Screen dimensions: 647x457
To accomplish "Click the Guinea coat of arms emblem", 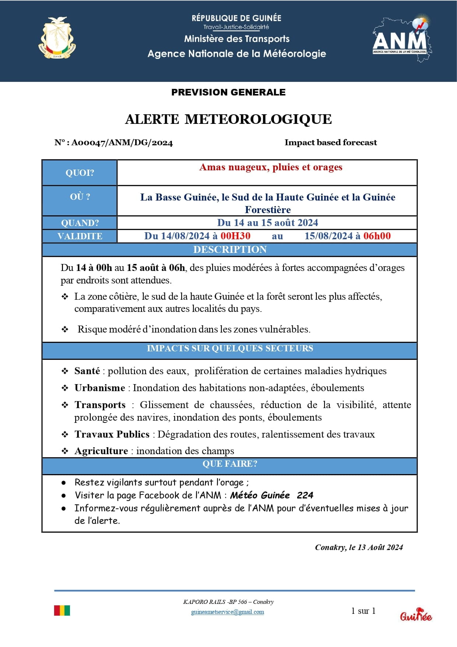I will click(x=57, y=38).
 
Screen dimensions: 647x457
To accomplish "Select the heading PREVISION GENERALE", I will click(x=228, y=92).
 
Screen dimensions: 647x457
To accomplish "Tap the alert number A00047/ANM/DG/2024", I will click(x=122, y=143).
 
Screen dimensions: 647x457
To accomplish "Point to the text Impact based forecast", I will click(x=330, y=142).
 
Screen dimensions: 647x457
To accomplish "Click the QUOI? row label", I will click(x=80, y=173).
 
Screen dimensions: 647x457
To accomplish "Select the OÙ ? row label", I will click(x=80, y=197).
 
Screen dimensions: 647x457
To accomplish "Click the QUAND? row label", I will click(x=80, y=223).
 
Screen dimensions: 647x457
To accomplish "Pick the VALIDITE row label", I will click(x=80, y=236).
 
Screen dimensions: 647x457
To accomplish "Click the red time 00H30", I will click(x=235, y=236).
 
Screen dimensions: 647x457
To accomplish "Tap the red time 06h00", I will click(x=377, y=236).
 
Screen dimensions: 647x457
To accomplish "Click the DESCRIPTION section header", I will click(x=230, y=250).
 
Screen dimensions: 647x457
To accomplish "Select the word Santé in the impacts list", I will click(x=87, y=371).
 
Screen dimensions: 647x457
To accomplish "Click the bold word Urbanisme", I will click(x=100, y=388).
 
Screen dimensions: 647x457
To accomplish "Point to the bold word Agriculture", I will click(x=101, y=451).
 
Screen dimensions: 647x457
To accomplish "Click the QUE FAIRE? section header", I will click(x=230, y=464).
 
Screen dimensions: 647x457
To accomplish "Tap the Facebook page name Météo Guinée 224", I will click(x=271, y=495).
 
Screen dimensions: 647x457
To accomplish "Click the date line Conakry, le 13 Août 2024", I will click(x=359, y=547).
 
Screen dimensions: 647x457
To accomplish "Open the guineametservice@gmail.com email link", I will click(x=227, y=612).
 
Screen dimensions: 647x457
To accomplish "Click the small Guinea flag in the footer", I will click(x=62, y=611).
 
